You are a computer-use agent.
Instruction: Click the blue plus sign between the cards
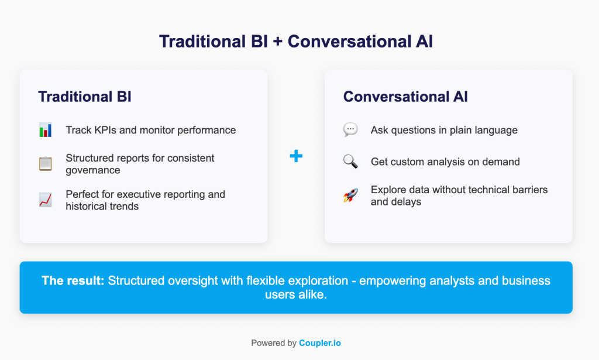(x=296, y=156)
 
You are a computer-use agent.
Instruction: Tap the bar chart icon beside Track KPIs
(x=46, y=130)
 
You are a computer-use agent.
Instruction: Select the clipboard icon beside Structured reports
(x=46, y=164)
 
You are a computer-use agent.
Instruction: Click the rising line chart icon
(x=46, y=200)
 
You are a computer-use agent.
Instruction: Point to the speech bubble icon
(x=350, y=130)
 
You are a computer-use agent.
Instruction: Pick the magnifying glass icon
(x=350, y=162)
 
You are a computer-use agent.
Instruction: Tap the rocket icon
(x=350, y=196)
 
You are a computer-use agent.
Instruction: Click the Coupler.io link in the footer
(x=320, y=343)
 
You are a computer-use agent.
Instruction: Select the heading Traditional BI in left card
(x=85, y=97)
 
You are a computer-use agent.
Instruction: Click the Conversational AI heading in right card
(x=405, y=97)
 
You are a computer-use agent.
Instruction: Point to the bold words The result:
(x=73, y=280)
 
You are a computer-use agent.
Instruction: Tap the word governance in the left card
(x=93, y=170)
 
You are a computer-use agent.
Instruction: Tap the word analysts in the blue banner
(x=450, y=280)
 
